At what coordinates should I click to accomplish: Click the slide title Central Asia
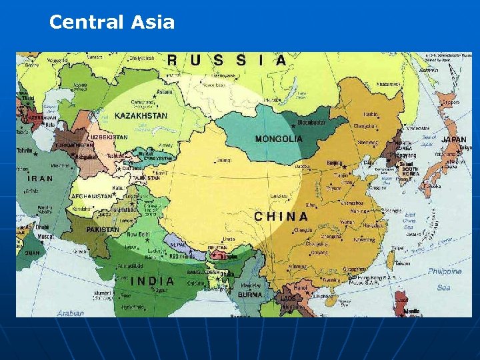(112, 23)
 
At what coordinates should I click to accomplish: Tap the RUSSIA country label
(227, 61)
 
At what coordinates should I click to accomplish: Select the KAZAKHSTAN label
(141, 115)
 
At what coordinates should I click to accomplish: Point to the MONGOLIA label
(279, 139)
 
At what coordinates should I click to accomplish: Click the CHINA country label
(281, 217)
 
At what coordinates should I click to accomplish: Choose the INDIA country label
(152, 281)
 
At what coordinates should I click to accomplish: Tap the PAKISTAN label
(102, 229)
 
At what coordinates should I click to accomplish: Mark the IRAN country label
(41, 179)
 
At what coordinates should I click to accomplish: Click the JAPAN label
(454, 139)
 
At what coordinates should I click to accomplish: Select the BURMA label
(250, 294)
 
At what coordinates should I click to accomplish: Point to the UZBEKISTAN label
(109, 137)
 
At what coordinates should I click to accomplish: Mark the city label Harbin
(371, 114)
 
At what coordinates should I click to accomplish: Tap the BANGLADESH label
(205, 272)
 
